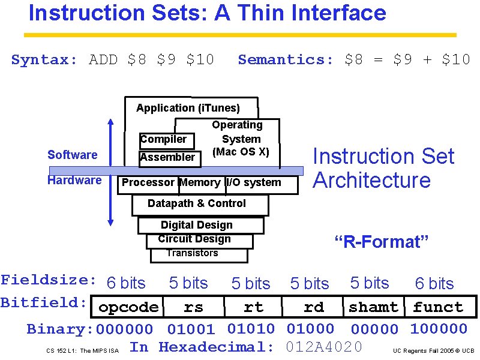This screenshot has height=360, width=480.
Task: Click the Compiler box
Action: pos(164,140)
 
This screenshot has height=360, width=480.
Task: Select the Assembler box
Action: pos(167,157)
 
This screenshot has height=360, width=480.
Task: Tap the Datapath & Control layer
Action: pos(197,204)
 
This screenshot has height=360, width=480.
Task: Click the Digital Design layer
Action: pos(197,225)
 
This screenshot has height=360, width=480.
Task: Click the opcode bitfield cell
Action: pos(128,307)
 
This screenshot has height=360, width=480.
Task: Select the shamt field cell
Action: pos(373,307)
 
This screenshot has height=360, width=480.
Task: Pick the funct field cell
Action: pos(438,307)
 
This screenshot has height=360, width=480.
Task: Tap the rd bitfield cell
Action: pos(313,307)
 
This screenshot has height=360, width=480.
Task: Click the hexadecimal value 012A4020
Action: pos(324,347)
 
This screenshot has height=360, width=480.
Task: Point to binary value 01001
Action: pos(190,329)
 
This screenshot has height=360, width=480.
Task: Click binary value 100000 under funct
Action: pos(438,329)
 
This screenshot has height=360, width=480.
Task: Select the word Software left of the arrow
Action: pos(72,155)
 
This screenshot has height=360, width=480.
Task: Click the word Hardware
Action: pos(74,181)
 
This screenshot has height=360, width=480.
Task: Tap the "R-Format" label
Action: pos(381,242)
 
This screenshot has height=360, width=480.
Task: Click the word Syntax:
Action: pos(44,59)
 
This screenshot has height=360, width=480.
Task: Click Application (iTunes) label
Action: pos(188,108)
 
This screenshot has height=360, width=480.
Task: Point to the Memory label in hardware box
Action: pos(200,182)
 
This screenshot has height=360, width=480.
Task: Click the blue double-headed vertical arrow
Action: pos(110,171)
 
